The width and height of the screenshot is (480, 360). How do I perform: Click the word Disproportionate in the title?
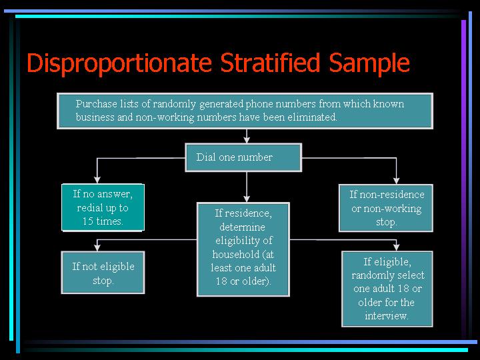pyautogui.click(x=119, y=63)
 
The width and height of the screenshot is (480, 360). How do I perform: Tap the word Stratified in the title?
pyautogui.click(x=270, y=63)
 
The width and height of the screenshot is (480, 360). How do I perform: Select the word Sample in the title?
pyautogui.click(x=369, y=63)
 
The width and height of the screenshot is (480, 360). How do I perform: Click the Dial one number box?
pyautogui.click(x=244, y=157)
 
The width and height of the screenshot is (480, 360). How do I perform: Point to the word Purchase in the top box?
pyautogui.click(x=97, y=104)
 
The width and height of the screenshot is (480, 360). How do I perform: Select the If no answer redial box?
pyautogui.click(x=103, y=207)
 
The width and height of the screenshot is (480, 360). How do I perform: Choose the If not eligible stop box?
pyautogui.click(x=103, y=273)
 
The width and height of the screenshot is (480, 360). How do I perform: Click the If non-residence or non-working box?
pyautogui.click(x=386, y=208)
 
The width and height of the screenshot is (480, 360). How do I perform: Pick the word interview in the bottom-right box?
pyautogui.click(x=385, y=315)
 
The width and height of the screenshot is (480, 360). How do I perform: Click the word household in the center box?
pyautogui.click(x=235, y=254)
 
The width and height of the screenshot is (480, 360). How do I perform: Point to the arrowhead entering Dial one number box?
pyautogui.click(x=247, y=140)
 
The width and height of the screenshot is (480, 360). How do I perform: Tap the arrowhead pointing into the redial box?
pyautogui.click(x=97, y=180)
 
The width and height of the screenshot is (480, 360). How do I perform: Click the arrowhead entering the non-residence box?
pyautogui.click(x=397, y=181)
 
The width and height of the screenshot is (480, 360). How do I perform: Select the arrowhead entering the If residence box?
pyautogui.click(x=247, y=199)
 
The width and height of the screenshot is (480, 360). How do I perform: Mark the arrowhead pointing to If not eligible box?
pyautogui.click(x=97, y=247)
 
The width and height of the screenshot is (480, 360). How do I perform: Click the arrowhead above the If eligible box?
pyautogui.click(x=397, y=247)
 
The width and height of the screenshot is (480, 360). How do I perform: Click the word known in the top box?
pyautogui.click(x=389, y=104)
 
